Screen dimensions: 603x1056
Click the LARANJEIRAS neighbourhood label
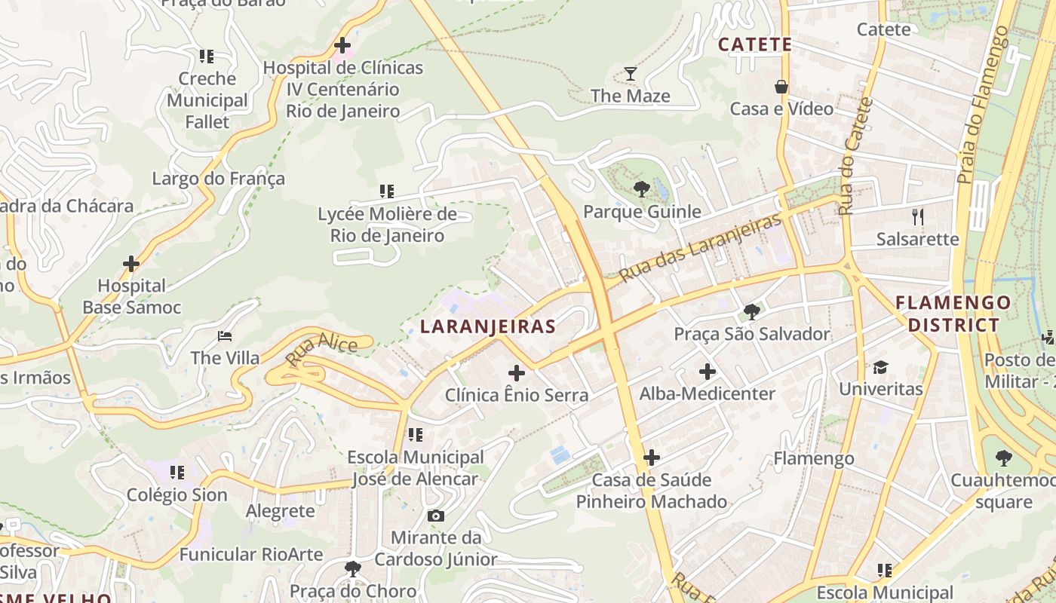tap(487, 326)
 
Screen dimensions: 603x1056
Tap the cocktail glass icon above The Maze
tap(631, 73)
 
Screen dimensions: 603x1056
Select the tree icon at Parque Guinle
tap(642, 188)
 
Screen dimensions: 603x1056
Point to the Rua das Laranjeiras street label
tap(699, 248)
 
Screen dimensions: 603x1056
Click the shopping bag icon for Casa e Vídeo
tap(781, 87)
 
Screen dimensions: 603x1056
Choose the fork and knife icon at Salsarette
tap(918, 217)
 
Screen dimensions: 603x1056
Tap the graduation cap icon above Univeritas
tap(880, 367)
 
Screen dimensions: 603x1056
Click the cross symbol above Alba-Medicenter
tap(708, 372)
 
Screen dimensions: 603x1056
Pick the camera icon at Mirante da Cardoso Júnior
tap(435, 516)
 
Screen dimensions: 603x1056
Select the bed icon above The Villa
tap(225, 336)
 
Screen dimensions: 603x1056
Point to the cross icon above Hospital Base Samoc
tap(131, 264)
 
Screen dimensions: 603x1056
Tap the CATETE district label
tap(755, 44)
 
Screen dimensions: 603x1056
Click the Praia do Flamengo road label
tap(983, 106)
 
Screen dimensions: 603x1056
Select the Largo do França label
tap(219, 179)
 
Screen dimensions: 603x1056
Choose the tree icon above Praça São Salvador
tap(752, 311)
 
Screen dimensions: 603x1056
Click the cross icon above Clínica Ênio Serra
tap(517, 373)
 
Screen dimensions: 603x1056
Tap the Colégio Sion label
tap(177, 495)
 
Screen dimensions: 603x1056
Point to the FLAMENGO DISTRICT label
tap(953, 314)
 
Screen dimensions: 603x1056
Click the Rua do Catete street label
tap(855, 157)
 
